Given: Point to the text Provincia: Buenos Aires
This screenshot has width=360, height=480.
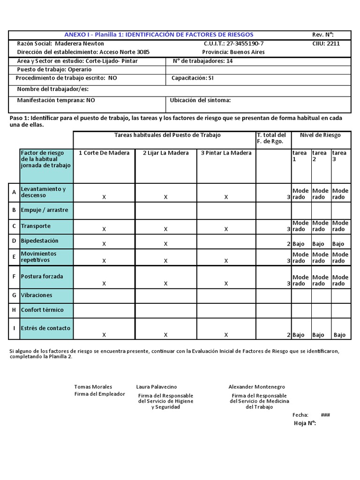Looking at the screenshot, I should [x=233, y=52].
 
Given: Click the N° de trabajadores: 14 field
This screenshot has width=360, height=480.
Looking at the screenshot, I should [x=202, y=61].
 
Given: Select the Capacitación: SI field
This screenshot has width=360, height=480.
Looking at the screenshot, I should [x=192, y=78].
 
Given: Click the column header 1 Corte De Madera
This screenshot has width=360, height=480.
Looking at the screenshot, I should [x=104, y=153].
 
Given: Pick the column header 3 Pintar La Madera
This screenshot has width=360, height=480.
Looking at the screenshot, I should [x=226, y=153].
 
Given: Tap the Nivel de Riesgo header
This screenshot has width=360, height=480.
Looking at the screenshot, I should [x=320, y=135].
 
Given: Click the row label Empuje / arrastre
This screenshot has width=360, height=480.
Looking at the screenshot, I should [x=45, y=210].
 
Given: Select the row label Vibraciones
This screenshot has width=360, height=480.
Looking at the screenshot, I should [x=37, y=295].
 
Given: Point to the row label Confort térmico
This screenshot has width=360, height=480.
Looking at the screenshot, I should [x=42, y=310].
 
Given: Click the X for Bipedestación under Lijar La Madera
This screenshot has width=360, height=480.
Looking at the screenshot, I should [x=165, y=244].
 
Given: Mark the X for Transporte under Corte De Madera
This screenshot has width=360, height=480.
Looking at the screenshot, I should [x=104, y=229].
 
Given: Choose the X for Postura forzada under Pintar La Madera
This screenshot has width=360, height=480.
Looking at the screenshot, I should [x=226, y=284].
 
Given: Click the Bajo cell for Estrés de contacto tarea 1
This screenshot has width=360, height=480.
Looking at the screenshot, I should [x=299, y=335].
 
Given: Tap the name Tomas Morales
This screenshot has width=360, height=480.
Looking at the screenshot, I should [x=93, y=387].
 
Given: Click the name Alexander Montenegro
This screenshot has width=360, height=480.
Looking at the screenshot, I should [x=256, y=387].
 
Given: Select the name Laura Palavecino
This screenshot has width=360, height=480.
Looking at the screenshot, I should [x=157, y=387].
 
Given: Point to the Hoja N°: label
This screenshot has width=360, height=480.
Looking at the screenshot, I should [x=305, y=423].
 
